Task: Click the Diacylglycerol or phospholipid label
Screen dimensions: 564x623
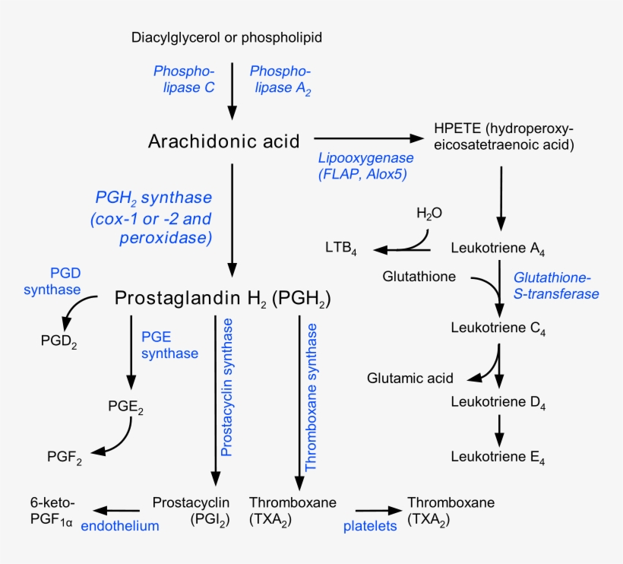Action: click(x=231, y=37)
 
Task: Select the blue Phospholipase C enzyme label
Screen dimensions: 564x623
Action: click(x=184, y=79)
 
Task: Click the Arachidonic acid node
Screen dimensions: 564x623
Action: click(x=224, y=141)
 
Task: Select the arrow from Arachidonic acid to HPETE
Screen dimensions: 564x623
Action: click(x=368, y=138)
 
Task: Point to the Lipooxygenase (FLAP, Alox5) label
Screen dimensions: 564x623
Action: click(x=365, y=166)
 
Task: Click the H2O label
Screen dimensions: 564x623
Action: click(x=429, y=214)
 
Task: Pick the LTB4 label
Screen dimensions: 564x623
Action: click(x=340, y=249)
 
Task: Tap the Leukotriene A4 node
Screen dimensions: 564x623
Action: click(x=498, y=249)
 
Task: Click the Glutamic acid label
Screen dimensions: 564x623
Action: click(x=410, y=378)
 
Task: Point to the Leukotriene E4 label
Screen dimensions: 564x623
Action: click(x=498, y=457)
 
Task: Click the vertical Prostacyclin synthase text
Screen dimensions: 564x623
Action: click(x=226, y=388)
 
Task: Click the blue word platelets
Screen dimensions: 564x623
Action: click(x=370, y=525)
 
